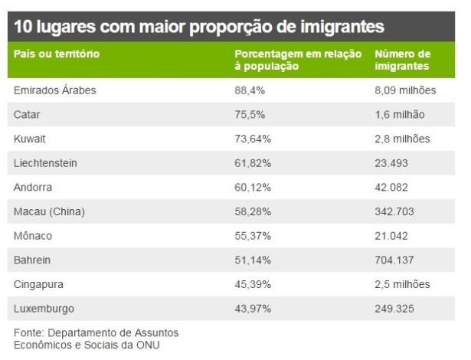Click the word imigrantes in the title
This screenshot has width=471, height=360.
pyautogui.click(x=339, y=28)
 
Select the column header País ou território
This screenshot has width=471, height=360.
pyautogui.click(x=57, y=54)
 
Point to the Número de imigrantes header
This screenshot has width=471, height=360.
pyautogui.click(x=403, y=61)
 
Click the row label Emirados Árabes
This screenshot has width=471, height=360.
pyautogui.click(x=54, y=90)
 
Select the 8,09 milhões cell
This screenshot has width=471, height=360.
pyautogui.click(x=406, y=90)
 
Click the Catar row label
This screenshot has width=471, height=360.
pyautogui.click(x=27, y=115)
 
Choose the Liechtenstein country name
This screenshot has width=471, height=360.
pyautogui.click(x=45, y=163)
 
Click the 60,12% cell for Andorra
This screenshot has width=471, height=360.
pyautogui.click(x=252, y=187)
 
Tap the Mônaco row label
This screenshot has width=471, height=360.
pyautogui.click(x=34, y=236)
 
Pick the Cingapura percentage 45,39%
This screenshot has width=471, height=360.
pyautogui.click(x=252, y=284)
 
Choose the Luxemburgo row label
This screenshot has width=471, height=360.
pyautogui.click(x=43, y=309)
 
